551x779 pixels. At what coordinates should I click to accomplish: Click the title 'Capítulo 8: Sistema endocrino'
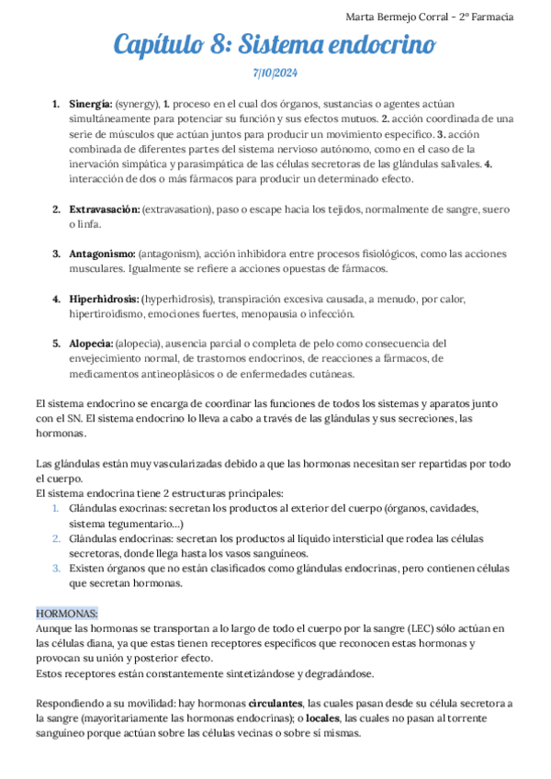275,44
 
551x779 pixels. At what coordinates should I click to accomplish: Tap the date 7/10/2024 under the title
275,73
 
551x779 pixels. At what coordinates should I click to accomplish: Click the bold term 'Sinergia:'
90,104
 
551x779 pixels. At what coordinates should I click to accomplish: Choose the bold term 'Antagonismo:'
101,254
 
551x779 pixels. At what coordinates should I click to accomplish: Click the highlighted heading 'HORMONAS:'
67,613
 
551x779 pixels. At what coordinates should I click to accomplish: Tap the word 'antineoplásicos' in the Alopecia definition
172,374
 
